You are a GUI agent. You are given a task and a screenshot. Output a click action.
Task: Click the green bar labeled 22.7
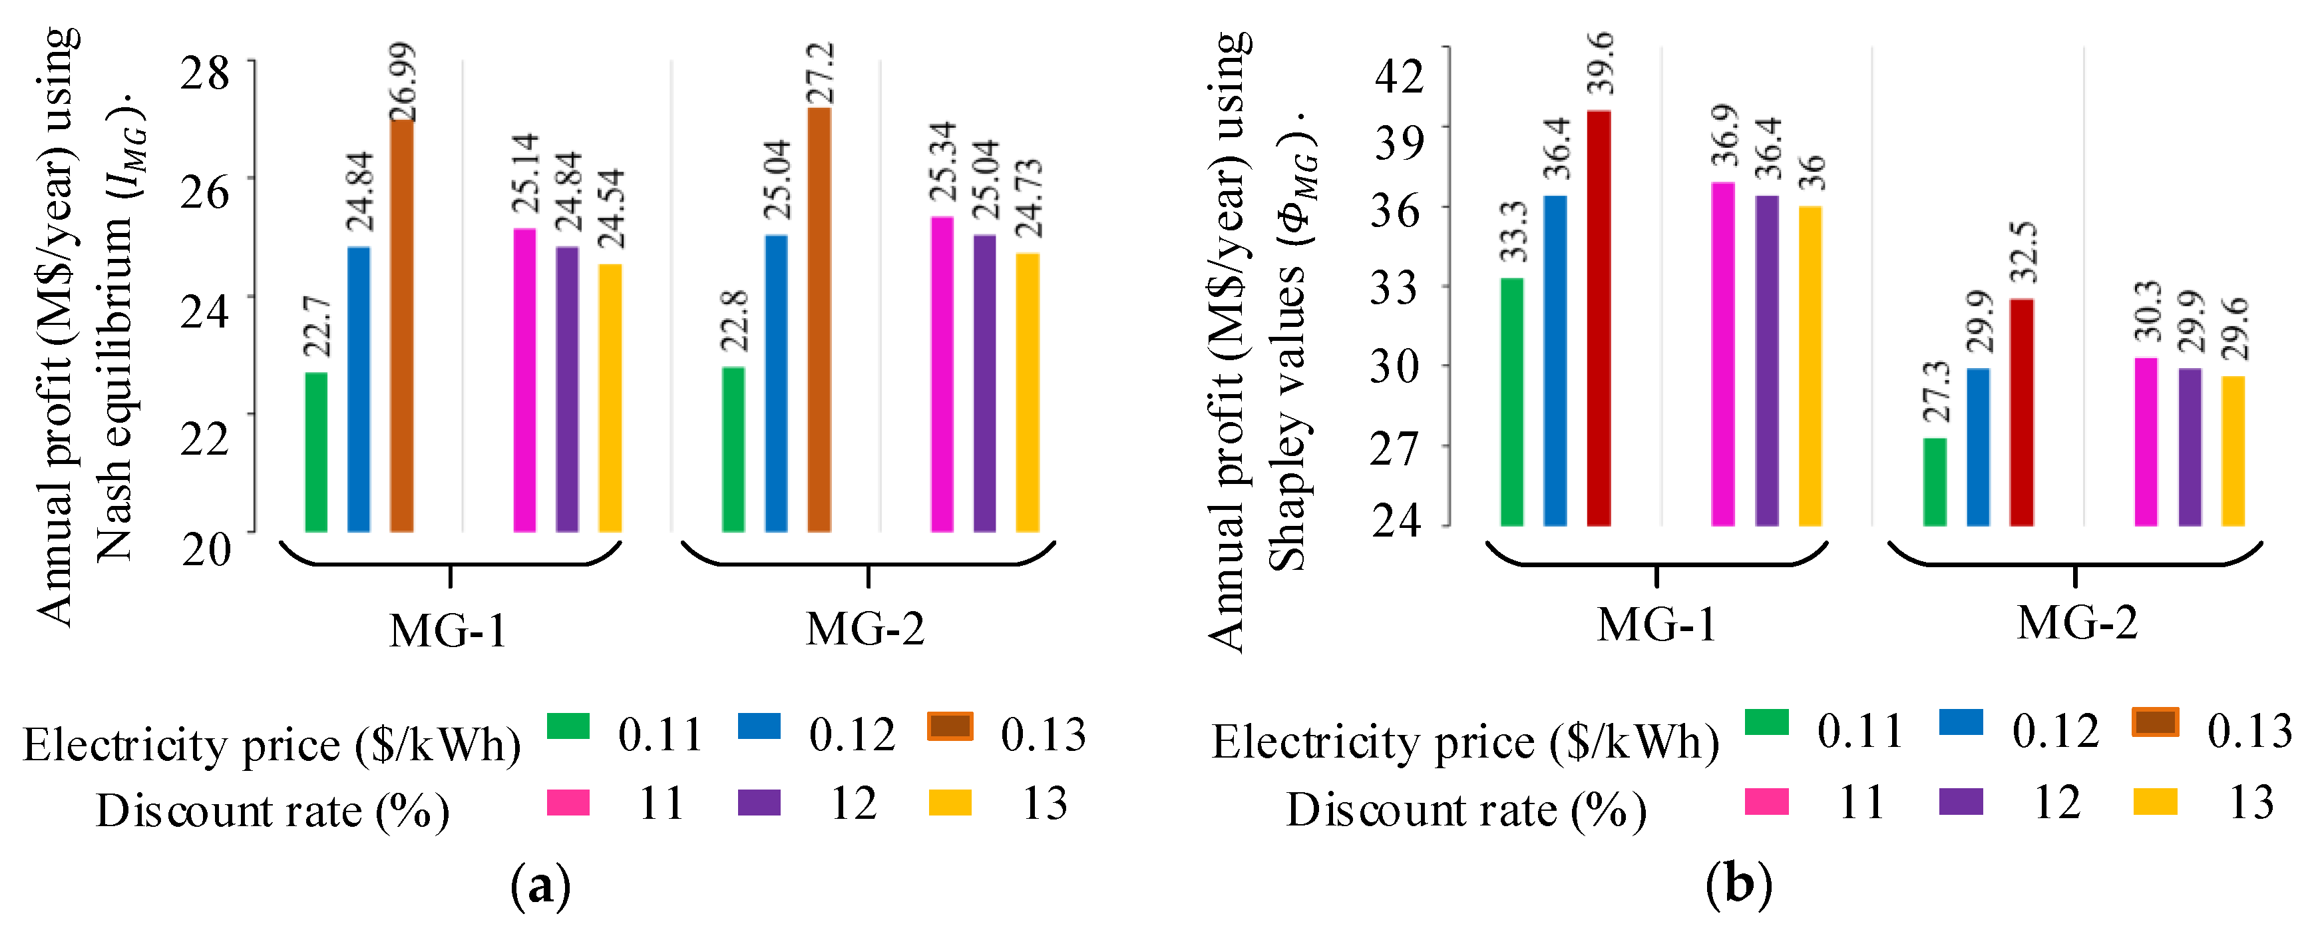[316, 452]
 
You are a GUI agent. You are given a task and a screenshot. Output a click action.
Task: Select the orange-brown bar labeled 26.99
[401, 324]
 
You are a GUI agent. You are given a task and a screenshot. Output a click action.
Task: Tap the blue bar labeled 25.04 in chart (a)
[776, 383]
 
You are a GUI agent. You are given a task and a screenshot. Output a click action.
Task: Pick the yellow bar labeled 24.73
[1027, 393]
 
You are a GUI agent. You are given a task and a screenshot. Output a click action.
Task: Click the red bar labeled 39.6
[1598, 318]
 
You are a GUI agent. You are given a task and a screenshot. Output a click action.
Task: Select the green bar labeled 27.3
[1935, 482]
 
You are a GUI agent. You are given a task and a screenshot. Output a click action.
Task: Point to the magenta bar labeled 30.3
[2146, 441]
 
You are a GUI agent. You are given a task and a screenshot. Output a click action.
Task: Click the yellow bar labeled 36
[1810, 365]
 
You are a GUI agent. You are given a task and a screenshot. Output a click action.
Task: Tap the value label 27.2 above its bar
[820, 72]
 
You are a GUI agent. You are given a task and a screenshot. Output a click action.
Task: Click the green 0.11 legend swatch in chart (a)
[568, 726]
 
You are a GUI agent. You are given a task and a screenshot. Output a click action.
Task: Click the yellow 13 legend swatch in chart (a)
[949, 802]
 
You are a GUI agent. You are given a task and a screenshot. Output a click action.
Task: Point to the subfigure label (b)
[1738, 885]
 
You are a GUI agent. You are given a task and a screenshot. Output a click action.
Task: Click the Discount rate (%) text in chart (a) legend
[273, 810]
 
